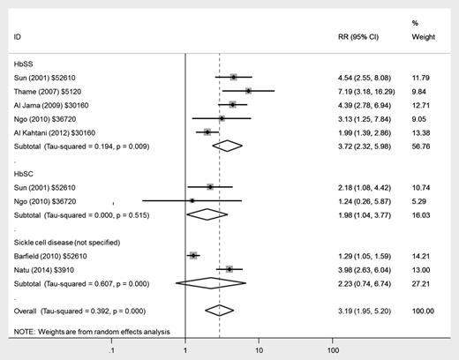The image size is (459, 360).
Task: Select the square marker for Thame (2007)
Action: click(248, 90)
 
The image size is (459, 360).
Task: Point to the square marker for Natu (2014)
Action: click(229, 268)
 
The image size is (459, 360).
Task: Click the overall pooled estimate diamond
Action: click(219, 310)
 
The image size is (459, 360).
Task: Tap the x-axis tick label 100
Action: click(334, 351)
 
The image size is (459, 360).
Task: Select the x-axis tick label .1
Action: click(111, 351)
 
